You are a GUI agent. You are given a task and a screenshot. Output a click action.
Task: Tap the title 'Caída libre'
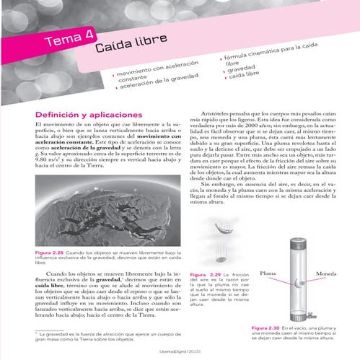click(x=126, y=49)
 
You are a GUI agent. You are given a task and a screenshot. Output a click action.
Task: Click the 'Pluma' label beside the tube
click(x=268, y=274)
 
